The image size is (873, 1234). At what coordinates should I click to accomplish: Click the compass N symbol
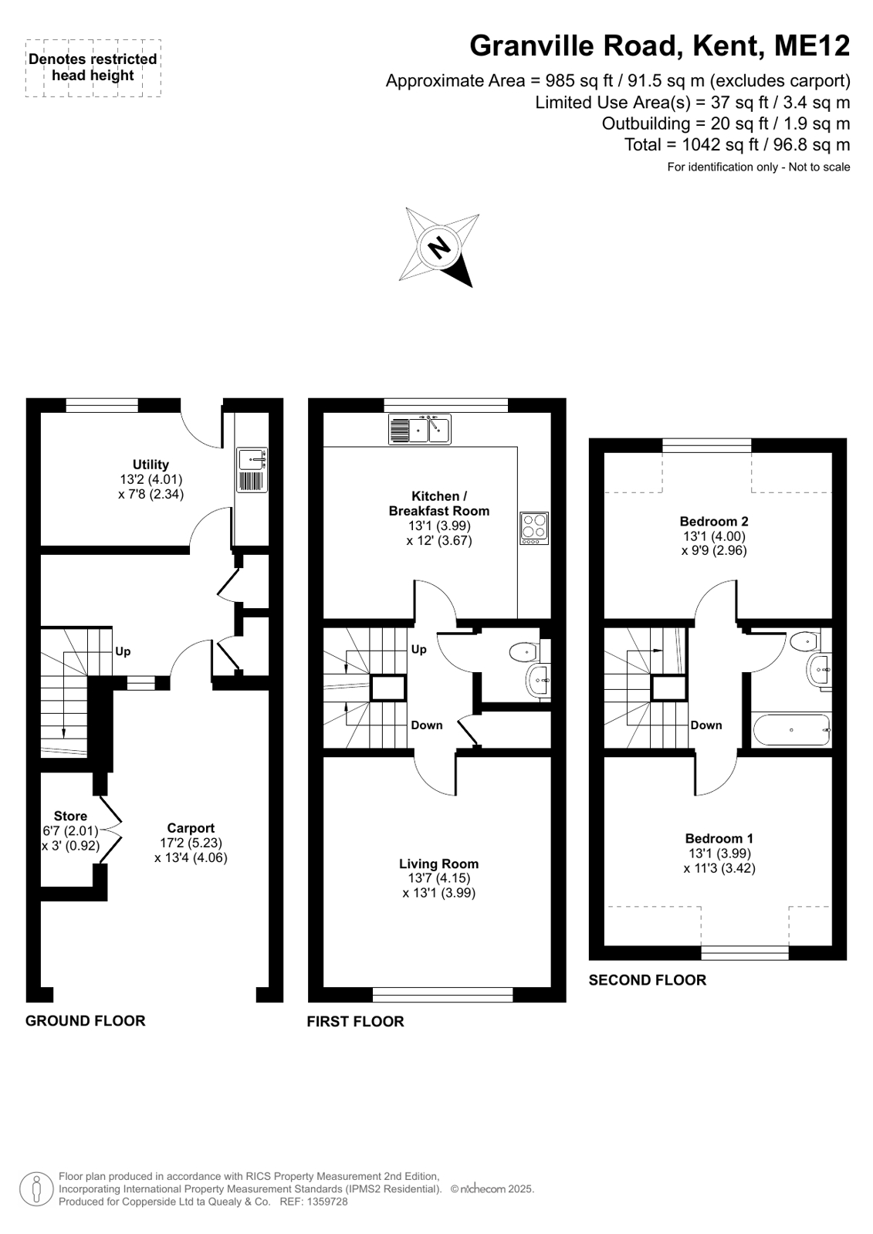(x=438, y=248)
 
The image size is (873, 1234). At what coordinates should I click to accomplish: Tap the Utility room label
(x=151, y=465)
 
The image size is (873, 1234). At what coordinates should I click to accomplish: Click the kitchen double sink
(x=420, y=429)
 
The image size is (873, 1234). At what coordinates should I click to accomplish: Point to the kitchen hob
(x=534, y=529)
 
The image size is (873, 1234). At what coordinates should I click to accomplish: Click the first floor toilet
(x=525, y=653)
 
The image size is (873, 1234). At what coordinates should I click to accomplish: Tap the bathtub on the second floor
(x=791, y=730)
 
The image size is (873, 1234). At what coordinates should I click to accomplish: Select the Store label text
(x=70, y=816)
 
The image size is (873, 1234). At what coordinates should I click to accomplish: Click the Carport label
(x=191, y=828)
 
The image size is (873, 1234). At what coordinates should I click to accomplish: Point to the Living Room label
(x=438, y=864)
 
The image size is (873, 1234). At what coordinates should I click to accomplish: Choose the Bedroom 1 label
(x=719, y=838)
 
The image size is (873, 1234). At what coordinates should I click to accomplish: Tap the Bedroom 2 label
(x=714, y=521)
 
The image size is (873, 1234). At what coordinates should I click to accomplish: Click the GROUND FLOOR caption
(x=86, y=1021)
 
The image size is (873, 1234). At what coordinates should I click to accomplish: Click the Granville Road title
(x=577, y=46)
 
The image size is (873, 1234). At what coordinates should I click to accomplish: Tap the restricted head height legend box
(x=93, y=69)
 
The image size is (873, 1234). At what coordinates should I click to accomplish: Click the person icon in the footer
(x=37, y=1189)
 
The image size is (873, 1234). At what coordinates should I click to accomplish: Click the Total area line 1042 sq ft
(x=737, y=145)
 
